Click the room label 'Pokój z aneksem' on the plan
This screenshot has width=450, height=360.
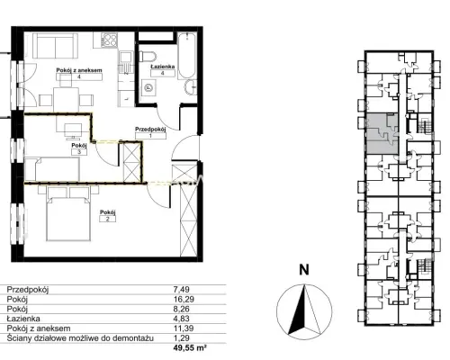(x=79, y=70)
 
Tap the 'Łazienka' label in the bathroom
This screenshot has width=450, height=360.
(x=163, y=67)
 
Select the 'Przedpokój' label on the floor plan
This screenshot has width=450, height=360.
(x=150, y=130)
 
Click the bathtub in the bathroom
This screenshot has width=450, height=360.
(x=187, y=56)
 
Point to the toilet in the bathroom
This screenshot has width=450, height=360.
(x=148, y=57)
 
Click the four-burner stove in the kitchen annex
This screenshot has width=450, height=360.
(x=109, y=40)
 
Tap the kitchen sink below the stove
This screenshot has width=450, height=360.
(x=126, y=62)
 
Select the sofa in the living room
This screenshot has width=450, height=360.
(x=55, y=46)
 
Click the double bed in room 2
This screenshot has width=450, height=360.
(x=68, y=213)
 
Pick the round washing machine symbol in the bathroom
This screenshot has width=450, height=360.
(x=148, y=88)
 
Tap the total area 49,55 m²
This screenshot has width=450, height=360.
(x=190, y=348)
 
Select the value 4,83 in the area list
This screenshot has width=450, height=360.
(x=182, y=319)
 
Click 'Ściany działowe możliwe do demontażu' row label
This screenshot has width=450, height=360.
(x=80, y=338)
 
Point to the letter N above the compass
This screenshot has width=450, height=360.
(x=304, y=270)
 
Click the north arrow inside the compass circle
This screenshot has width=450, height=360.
(x=304, y=309)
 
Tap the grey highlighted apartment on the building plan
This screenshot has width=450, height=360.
(x=382, y=134)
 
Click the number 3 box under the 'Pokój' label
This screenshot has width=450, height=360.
(x=79, y=152)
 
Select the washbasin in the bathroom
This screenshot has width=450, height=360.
(x=191, y=87)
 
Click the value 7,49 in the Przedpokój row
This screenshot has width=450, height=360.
(x=182, y=290)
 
